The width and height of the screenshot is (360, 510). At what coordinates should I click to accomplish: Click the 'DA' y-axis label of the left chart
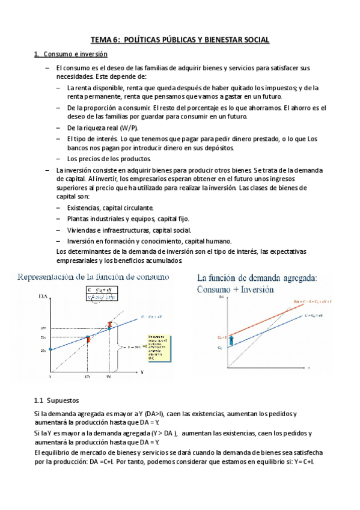click(43, 296)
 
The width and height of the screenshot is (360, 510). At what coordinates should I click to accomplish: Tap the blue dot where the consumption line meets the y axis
click(50, 349)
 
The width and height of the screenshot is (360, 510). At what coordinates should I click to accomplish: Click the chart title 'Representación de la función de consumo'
click(93, 277)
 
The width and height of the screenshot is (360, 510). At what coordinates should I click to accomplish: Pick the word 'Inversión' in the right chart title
click(254, 289)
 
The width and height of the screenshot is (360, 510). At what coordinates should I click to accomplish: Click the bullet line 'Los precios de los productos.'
click(100, 159)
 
